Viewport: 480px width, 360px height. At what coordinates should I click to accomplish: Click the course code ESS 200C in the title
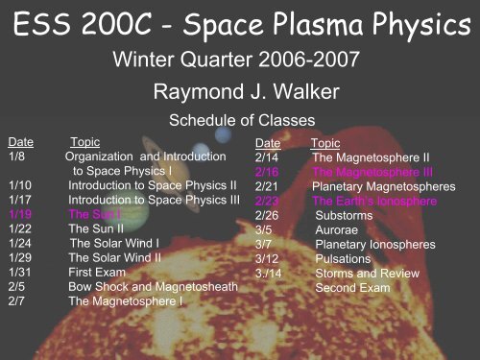pos(83,24)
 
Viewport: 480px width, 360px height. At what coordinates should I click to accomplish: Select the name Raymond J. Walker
pos(246,92)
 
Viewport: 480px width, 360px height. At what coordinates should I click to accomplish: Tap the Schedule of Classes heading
pos(242,120)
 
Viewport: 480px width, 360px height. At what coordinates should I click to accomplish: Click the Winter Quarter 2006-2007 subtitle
pos(236,60)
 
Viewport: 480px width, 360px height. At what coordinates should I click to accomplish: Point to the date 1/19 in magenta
pos(20,214)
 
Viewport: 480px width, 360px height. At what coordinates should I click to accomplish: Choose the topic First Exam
pos(97,272)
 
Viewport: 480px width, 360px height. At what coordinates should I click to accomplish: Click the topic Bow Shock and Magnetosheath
pos(153,287)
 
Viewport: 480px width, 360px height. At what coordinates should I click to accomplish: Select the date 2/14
pos(267,157)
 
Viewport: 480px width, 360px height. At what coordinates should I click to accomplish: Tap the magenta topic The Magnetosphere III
pos(372,172)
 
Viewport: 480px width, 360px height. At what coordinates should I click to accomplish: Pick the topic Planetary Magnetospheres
pos(384,186)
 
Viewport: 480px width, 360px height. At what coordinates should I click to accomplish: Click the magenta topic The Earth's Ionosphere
pos(374,201)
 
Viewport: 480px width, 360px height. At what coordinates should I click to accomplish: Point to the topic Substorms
pos(344,215)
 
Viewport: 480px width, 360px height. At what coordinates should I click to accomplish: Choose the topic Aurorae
pos(337,229)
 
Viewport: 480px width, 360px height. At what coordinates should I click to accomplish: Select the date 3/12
pos(267,258)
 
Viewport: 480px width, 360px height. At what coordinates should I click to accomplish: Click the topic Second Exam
pos(352,288)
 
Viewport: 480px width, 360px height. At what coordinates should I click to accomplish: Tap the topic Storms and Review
pos(368,274)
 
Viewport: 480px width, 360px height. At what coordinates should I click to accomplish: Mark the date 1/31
pos(20,272)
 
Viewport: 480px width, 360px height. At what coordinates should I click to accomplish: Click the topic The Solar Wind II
pos(115,257)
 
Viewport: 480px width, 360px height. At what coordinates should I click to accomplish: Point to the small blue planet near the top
pos(223,134)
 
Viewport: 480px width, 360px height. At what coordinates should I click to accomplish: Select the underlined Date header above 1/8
pos(21,142)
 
